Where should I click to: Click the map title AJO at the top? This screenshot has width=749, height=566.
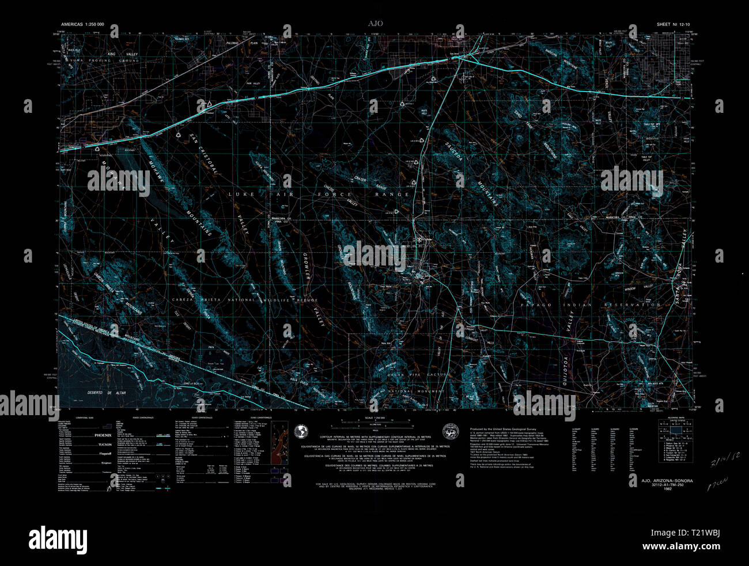[x=375, y=24]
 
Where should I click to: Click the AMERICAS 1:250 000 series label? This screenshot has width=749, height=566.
[x=82, y=25]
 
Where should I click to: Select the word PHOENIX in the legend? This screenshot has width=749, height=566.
[x=104, y=436]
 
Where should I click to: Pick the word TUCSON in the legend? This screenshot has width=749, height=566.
[x=104, y=445]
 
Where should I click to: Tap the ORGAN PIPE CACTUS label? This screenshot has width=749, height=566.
[x=414, y=375]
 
